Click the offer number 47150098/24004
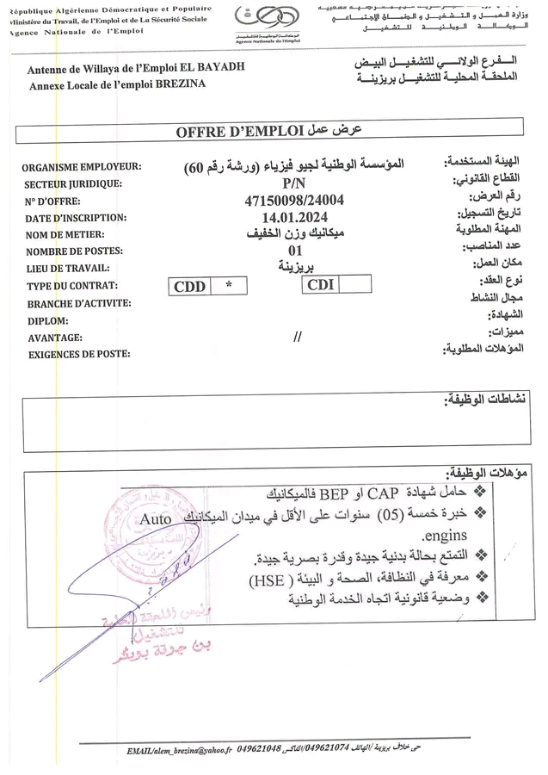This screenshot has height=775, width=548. (295, 201)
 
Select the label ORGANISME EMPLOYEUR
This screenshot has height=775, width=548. (83, 168)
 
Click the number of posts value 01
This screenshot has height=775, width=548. (295, 250)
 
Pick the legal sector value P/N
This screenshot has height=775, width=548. (294, 183)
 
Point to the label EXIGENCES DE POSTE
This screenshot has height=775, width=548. (79, 354)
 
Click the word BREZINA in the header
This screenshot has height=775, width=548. (207, 85)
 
